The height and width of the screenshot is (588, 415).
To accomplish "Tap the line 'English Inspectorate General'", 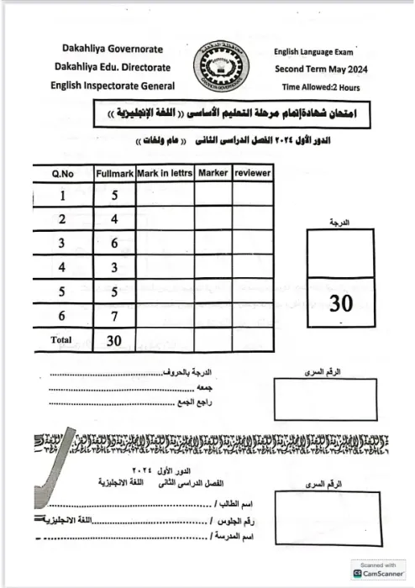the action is click(x=113, y=85).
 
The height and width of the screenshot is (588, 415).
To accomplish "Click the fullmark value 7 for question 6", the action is click(x=114, y=317).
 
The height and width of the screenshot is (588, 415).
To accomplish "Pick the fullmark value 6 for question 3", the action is click(x=114, y=244).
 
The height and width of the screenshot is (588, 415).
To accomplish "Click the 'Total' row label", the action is click(x=61, y=341).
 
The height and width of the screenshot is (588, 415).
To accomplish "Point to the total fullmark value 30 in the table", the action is click(x=114, y=341).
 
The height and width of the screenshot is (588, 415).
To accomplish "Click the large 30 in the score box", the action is click(x=341, y=303).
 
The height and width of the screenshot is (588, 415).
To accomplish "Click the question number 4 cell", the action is click(x=61, y=268).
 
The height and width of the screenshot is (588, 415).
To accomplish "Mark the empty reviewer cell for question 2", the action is click(x=252, y=219).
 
